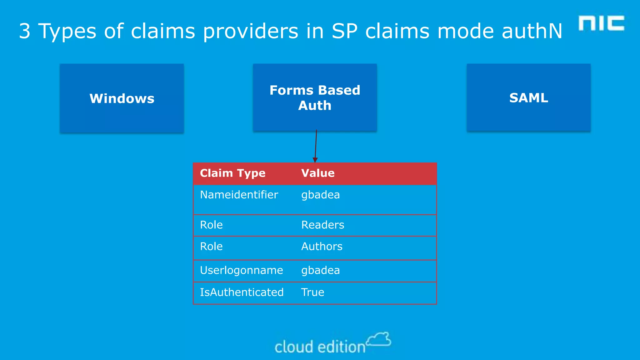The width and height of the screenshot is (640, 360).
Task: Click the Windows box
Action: tap(122, 98)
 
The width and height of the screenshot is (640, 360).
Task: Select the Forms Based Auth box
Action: tap(315, 97)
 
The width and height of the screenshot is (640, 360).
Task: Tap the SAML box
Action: tap(528, 97)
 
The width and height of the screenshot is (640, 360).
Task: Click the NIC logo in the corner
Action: tap(601, 23)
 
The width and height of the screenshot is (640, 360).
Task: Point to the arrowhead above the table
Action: tap(315, 160)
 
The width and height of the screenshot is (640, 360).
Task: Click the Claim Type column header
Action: tap(232, 173)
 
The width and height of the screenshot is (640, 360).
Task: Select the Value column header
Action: tap(318, 173)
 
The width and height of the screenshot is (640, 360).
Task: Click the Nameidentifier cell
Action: tap(239, 195)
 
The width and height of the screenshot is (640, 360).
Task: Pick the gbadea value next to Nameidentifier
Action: tap(320, 195)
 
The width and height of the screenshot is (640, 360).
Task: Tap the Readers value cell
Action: tap(322, 225)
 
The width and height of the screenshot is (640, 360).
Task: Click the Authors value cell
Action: tap(322, 247)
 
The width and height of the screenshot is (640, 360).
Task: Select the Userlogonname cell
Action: tap(241, 270)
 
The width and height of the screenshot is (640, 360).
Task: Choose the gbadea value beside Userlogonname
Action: tap(320, 270)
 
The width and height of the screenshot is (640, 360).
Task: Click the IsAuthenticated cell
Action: tap(242, 292)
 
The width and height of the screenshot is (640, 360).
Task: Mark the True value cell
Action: tap(312, 292)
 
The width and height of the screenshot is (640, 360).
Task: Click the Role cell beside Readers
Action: tap(211, 225)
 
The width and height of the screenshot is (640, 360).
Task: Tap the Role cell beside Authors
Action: tap(211, 247)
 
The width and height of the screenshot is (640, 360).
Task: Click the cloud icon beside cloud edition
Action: tap(379, 339)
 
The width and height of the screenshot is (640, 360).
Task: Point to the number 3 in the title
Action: tap(25, 31)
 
